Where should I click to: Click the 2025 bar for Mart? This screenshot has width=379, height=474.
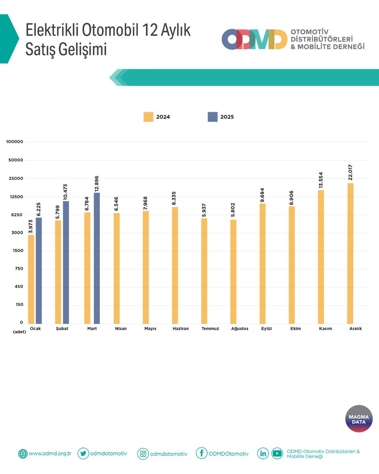point(97,258)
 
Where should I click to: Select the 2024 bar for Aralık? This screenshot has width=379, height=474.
point(350,253)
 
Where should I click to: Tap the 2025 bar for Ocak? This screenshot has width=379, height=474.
point(39,270)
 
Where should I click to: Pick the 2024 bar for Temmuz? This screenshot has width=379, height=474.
point(204,271)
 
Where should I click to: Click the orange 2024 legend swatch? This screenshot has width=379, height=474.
point(148,117)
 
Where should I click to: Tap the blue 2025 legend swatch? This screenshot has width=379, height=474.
point(212,117)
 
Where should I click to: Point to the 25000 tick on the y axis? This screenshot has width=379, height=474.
point(16,179)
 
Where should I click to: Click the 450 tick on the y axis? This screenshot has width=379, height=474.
point(19,287)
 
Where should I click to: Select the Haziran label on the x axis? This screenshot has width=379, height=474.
point(181,329)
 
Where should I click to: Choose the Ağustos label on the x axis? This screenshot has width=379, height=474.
point(240,329)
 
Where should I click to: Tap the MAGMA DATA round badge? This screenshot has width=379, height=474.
point(359,419)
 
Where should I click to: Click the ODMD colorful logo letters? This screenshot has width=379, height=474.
point(254,39)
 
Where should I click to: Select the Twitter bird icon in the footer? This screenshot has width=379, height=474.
point(83,453)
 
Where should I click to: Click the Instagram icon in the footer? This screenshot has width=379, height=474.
point(143,454)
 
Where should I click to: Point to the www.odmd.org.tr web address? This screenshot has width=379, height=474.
point(50,454)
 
